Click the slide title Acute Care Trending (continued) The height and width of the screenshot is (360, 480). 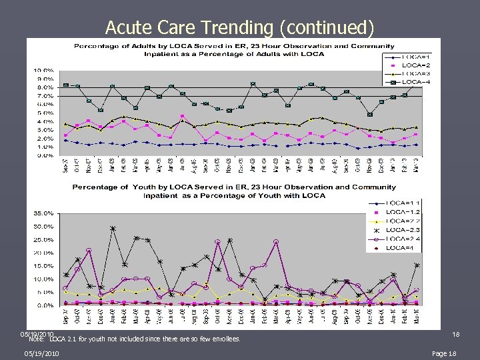pos(239,27)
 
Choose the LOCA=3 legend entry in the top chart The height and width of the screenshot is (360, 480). pos(417,73)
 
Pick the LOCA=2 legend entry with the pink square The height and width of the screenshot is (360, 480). pos(417,64)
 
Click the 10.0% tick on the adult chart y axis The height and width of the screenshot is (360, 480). pos(44,71)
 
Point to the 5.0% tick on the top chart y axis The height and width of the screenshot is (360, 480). pos(45,113)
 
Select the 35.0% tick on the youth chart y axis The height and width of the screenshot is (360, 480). pos(44,214)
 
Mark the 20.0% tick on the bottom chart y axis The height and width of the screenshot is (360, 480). pos(44,253)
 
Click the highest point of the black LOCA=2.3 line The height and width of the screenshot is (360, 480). pos(113,229)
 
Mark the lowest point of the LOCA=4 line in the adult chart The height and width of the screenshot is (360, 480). pos(369,115)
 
